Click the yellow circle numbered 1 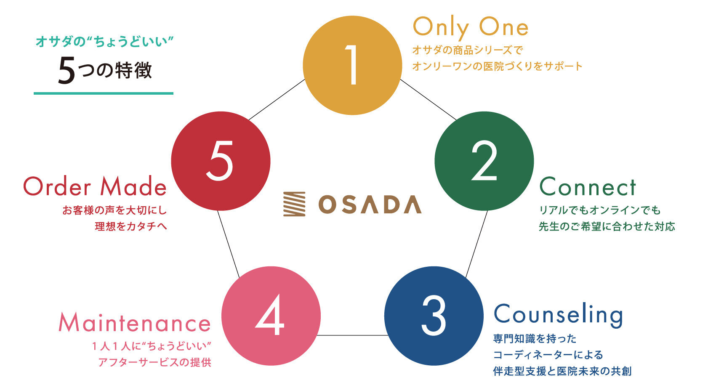pyautogui.click(x=352, y=65)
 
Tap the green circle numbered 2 pyautogui.click(x=484, y=161)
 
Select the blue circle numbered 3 pyautogui.click(x=434, y=316)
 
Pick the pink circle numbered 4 pyautogui.click(x=271, y=316)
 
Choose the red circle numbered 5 pyautogui.click(x=221, y=161)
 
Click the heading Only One pyautogui.click(x=471, y=28)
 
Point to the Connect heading pyautogui.click(x=588, y=187)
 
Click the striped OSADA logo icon pyautogui.click(x=294, y=204)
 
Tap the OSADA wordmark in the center pyautogui.click(x=370, y=205)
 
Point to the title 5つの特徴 pyautogui.click(x=105, y=70)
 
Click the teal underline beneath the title pyautogui.click(x=104, y=93)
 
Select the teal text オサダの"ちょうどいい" pyautogui.click(x=105, y=42)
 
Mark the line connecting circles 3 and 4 pyautogui.click(x=352, y=335)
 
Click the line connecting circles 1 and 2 pyautogui.click(x=428, y=100)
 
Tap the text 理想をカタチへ pyautogui.click(x=131, y=226)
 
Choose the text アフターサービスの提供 pyautogui.click(x=154, y=362)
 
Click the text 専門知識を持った pyautogui.click(x=535, y=339)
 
